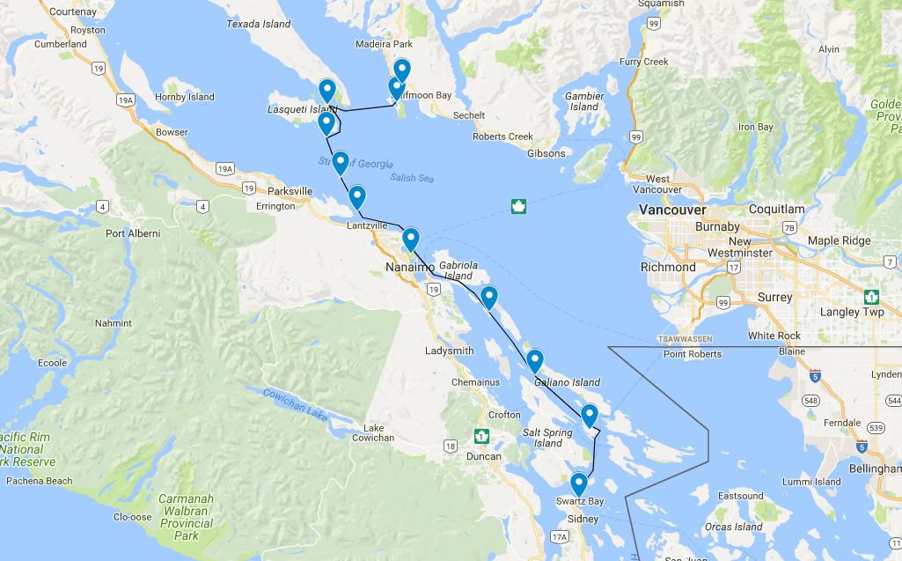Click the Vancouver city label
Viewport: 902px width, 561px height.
[x=672, y=210]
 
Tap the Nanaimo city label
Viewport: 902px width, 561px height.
[x=410, y=267]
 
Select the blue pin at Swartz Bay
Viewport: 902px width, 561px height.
[x=578, y=484]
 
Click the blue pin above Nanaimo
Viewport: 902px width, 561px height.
[x=410, y=239]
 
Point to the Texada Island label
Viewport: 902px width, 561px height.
[x=259, y=24]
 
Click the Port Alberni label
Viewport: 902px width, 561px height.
[x=133, y=233]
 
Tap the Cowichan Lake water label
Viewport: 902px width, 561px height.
[x=295, y=404]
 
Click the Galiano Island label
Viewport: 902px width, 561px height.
[x=567, y=382]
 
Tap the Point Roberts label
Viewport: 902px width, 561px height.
[x=693, y=354]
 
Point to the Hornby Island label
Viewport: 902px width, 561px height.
[x=184, y=97]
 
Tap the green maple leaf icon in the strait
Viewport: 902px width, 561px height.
[x=519, y=207]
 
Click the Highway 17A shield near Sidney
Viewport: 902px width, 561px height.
[x=559, y=536]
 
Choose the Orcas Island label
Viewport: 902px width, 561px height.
[x=733, y=527]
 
